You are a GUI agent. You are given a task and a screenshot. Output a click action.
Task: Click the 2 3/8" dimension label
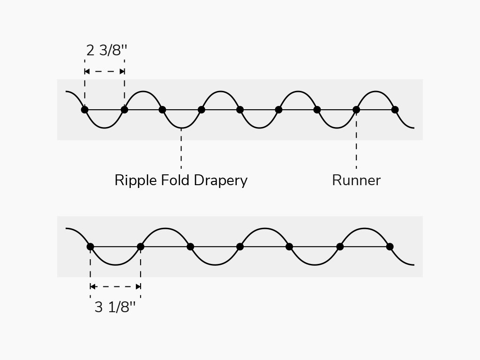click(x=106, y=50)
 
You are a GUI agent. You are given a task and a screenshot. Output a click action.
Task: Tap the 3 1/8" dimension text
click(x=115, y=307)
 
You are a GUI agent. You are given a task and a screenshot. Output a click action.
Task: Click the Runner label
click(x=356, y=180)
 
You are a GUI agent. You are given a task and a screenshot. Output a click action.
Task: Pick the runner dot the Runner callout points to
click(x=356, y=110)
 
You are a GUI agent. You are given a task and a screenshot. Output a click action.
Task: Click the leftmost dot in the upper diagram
click(x=84, y=110)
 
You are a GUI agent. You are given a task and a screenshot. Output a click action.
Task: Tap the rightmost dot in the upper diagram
click(x=395, y=110)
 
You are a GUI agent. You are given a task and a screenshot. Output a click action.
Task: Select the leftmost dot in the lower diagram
click(x=90, y=247)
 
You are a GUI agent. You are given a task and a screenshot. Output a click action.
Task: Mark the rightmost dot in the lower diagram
click(x=390, y=247)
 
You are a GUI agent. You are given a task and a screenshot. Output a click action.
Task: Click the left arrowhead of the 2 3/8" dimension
click(x=87, y=72)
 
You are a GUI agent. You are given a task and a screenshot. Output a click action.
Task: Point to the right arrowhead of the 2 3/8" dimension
click(x=122, y=72)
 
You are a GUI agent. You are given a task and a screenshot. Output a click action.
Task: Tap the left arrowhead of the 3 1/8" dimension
click(x=93, y=286)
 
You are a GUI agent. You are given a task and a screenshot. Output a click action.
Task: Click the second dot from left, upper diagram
click(x=124, y=110)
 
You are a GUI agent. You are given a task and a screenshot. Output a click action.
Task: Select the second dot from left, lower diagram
click(x=140, y=247)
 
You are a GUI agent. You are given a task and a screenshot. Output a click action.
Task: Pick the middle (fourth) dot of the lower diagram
click(x=240, y=247)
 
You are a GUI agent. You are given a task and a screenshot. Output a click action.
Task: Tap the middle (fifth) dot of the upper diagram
click(x=240, y=110)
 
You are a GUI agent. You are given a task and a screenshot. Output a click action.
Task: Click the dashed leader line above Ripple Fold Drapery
click(x=181, y=150)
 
